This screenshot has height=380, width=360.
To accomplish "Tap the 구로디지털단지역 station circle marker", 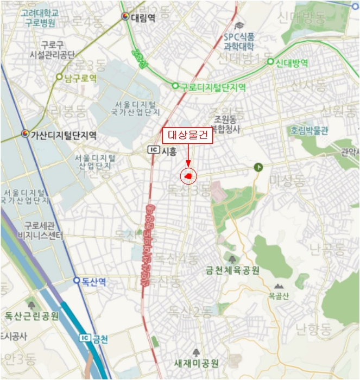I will pyautogui.click(x=175, y=86).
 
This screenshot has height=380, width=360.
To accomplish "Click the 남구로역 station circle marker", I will pyautogui.click(x=59, y=77).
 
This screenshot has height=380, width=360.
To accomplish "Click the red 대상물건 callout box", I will pyautogui.click(x=187, y=136).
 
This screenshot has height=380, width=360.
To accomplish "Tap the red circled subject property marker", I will pyautogui.click(x=188, y=176).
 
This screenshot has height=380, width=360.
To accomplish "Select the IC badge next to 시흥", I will pyautogui.click(x=154, y=150).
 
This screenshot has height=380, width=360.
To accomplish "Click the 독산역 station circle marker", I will pyautogui.click(x=77, y=281).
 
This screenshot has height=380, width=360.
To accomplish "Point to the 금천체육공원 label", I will pyautogui.click(x=232, y=270).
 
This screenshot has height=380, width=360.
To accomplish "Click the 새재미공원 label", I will pyautogui.click(x=196, y=363).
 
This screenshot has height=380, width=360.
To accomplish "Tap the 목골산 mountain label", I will pyautogui.click(x=279, y=296).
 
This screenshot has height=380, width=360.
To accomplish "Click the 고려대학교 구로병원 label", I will pyautogui.click(x=40, y=17).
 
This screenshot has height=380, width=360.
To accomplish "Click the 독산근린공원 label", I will pyautogui.click(x=31, y=316).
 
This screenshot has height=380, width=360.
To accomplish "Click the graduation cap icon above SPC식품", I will pyautogui.click(x=239, y=25).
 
